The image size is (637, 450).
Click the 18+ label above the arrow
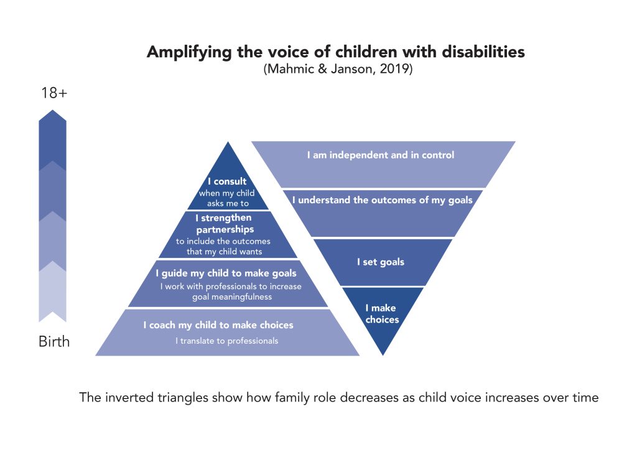pos(53,93)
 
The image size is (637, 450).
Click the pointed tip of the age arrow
pos(53,114)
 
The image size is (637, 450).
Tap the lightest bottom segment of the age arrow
pos(53,292)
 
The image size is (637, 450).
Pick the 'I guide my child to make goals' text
pos(226,273)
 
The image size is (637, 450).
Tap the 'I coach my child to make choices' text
pos(218,325)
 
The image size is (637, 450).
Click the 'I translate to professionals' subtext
pos(226,341)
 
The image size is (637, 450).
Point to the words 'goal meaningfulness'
pos(232,297)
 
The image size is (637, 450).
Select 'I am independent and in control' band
pos(380,155)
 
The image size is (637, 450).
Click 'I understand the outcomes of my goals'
pos(382,200)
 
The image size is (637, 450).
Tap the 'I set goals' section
pos(380,262)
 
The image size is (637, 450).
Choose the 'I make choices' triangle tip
pos(381,314)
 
